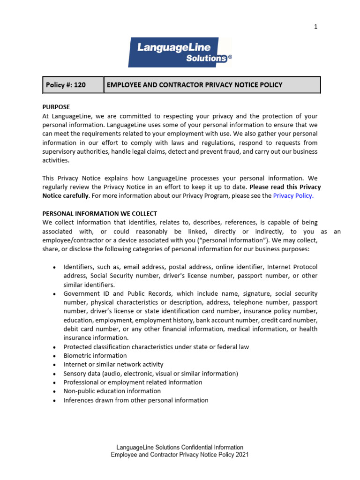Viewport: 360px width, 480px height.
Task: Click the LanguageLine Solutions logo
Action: (180, 52)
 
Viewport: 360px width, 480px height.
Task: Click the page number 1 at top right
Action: (315, 27)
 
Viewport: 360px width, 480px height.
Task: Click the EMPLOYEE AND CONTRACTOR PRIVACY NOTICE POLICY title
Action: (195, 85)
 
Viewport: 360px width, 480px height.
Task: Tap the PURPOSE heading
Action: (56, 107)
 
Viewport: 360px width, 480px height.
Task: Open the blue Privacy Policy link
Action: (293, 196)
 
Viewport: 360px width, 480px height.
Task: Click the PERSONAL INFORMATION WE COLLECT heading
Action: (99, 213)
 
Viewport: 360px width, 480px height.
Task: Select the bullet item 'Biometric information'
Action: (95, 356)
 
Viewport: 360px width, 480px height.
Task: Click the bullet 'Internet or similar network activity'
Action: (113, 365)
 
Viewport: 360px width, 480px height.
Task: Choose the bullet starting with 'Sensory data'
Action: (150, 374)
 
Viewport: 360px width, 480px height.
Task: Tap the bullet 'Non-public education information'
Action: (112, 391)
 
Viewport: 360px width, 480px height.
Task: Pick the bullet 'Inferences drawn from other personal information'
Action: (136, 400)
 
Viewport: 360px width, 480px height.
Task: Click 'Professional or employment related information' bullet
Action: (133, 382)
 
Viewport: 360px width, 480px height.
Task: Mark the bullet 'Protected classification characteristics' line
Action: (156, 347)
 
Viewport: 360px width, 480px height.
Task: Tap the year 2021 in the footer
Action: (242, 455)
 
